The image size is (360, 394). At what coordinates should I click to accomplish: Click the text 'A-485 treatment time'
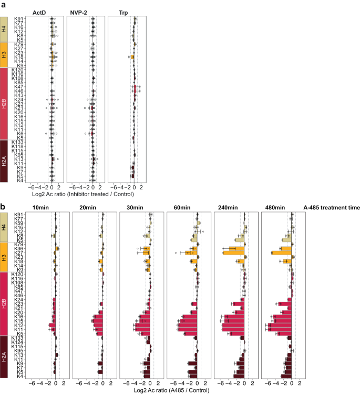coord(332,208)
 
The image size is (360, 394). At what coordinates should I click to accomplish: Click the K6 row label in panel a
coord(19,134)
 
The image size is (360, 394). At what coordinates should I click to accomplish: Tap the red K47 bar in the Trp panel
coord(135,86)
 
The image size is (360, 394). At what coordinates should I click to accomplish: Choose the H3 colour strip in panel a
coord(4,55)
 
